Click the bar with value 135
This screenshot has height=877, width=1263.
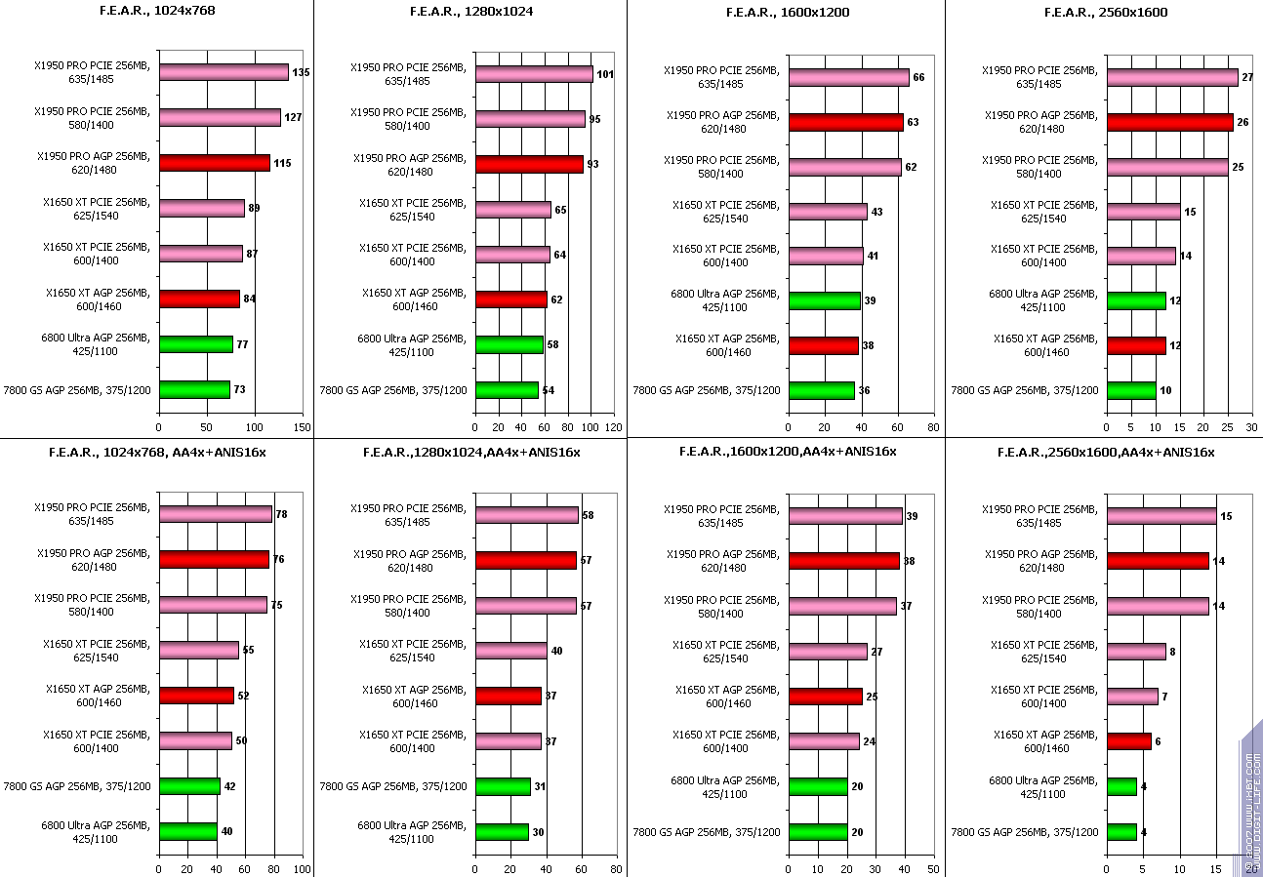pos(224,72)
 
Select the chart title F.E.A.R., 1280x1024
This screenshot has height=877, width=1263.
pos(470,13)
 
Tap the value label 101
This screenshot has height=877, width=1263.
pos(604,74)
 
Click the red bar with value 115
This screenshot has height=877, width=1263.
pos(214,163)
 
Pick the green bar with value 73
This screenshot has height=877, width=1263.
pos(194,389)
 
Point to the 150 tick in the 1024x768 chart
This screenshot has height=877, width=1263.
pos(302,426)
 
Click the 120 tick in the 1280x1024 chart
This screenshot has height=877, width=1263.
pos(612,426)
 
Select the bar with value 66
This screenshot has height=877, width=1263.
pos(848,77)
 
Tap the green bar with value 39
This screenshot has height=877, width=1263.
pos(825,300)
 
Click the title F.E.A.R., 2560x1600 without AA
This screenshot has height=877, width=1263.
pos(1106,13)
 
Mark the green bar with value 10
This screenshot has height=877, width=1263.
pos(1130,390)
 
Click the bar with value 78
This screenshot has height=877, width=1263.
pos(215,514)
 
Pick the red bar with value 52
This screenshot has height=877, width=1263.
pos(196,696)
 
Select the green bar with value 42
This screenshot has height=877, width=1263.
pos(189,786)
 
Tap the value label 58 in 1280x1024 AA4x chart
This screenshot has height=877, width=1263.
pos(588,515)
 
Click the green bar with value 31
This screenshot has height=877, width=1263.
pos(503,786)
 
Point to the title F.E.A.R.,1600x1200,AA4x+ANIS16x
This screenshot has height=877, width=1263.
pos(788,451)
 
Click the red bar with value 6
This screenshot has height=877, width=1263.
pos(1128,741)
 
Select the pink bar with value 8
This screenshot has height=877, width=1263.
pos(1135,651)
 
